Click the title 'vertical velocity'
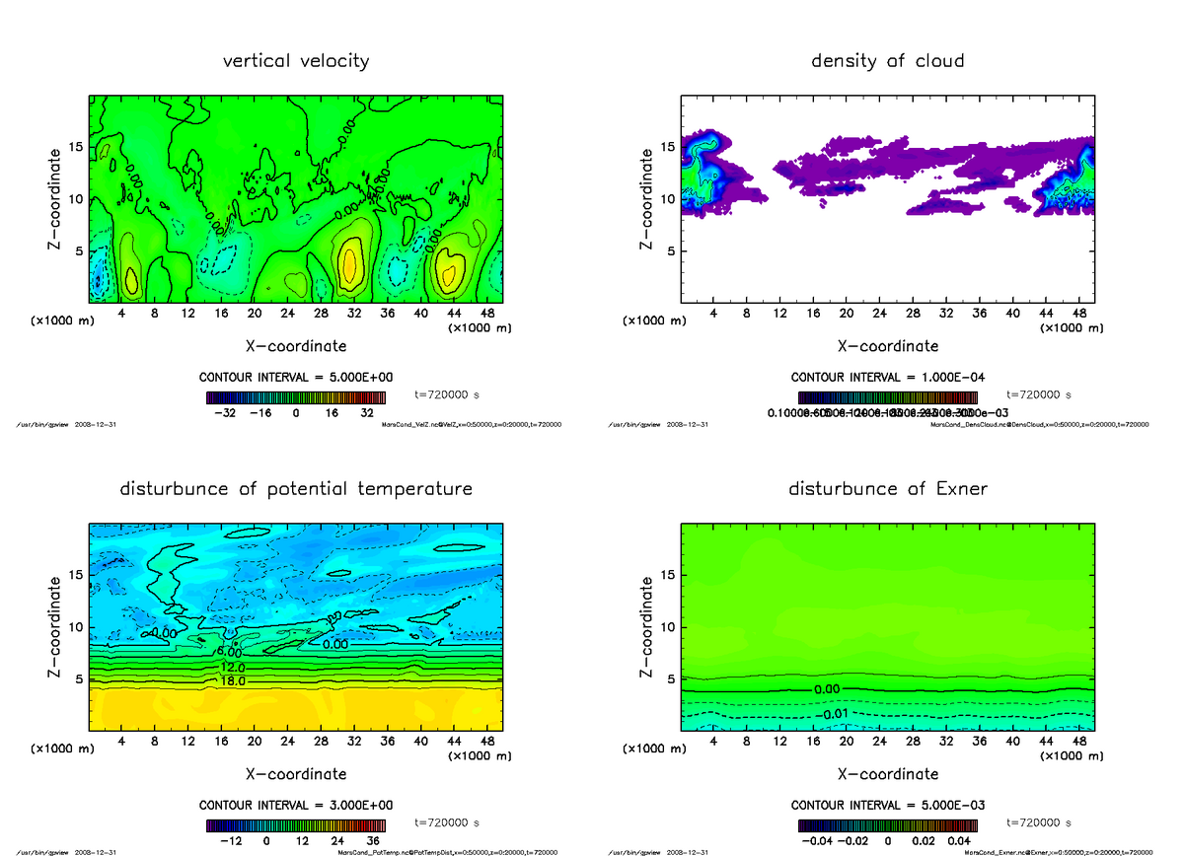click(296, 61)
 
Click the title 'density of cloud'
click(887, 61)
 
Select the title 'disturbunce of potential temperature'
click(296, 489)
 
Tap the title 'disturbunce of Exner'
click(887, 489)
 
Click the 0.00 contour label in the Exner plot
click(827, 689)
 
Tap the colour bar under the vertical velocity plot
click(296, 397)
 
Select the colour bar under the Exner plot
click(887, 825)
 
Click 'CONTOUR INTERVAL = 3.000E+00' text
click(296, 805)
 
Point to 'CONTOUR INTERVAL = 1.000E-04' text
click(887, 377)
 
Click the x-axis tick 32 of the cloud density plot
click(946, 314)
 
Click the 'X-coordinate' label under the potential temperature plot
click(296, 774)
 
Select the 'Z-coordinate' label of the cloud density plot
click(647, 199)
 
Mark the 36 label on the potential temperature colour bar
click(374, 842)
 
